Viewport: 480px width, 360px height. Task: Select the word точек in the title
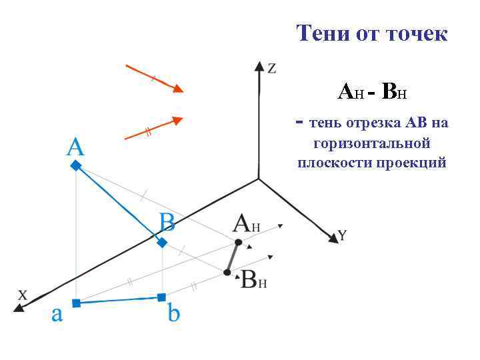coord(414,33)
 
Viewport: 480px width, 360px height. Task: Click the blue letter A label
coord(75,147)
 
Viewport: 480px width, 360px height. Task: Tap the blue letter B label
coord(166,221)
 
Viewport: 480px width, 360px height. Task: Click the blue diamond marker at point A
coord(76,165)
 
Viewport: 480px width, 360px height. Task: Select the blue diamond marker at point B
coord(162,242)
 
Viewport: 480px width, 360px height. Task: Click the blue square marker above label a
coord(76,303)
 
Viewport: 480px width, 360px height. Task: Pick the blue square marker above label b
coord(161,297)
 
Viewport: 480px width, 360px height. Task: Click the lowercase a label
coord(57,314)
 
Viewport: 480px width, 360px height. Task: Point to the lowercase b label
coord(173,312)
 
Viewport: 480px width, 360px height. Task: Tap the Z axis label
coord(272,68)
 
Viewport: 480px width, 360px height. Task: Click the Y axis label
coord(342,235)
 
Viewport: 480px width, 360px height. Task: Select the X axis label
coord(23,294)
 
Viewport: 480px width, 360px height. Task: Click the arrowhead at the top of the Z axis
coord(259,65)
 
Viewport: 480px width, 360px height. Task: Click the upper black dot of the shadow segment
coord(237,241)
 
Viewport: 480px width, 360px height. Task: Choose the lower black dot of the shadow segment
coord(227,272)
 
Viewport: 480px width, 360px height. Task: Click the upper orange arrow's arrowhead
coord(177,89)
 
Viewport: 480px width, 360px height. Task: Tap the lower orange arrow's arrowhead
coord(176,120)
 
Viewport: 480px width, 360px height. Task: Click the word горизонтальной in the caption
coord(372,143)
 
